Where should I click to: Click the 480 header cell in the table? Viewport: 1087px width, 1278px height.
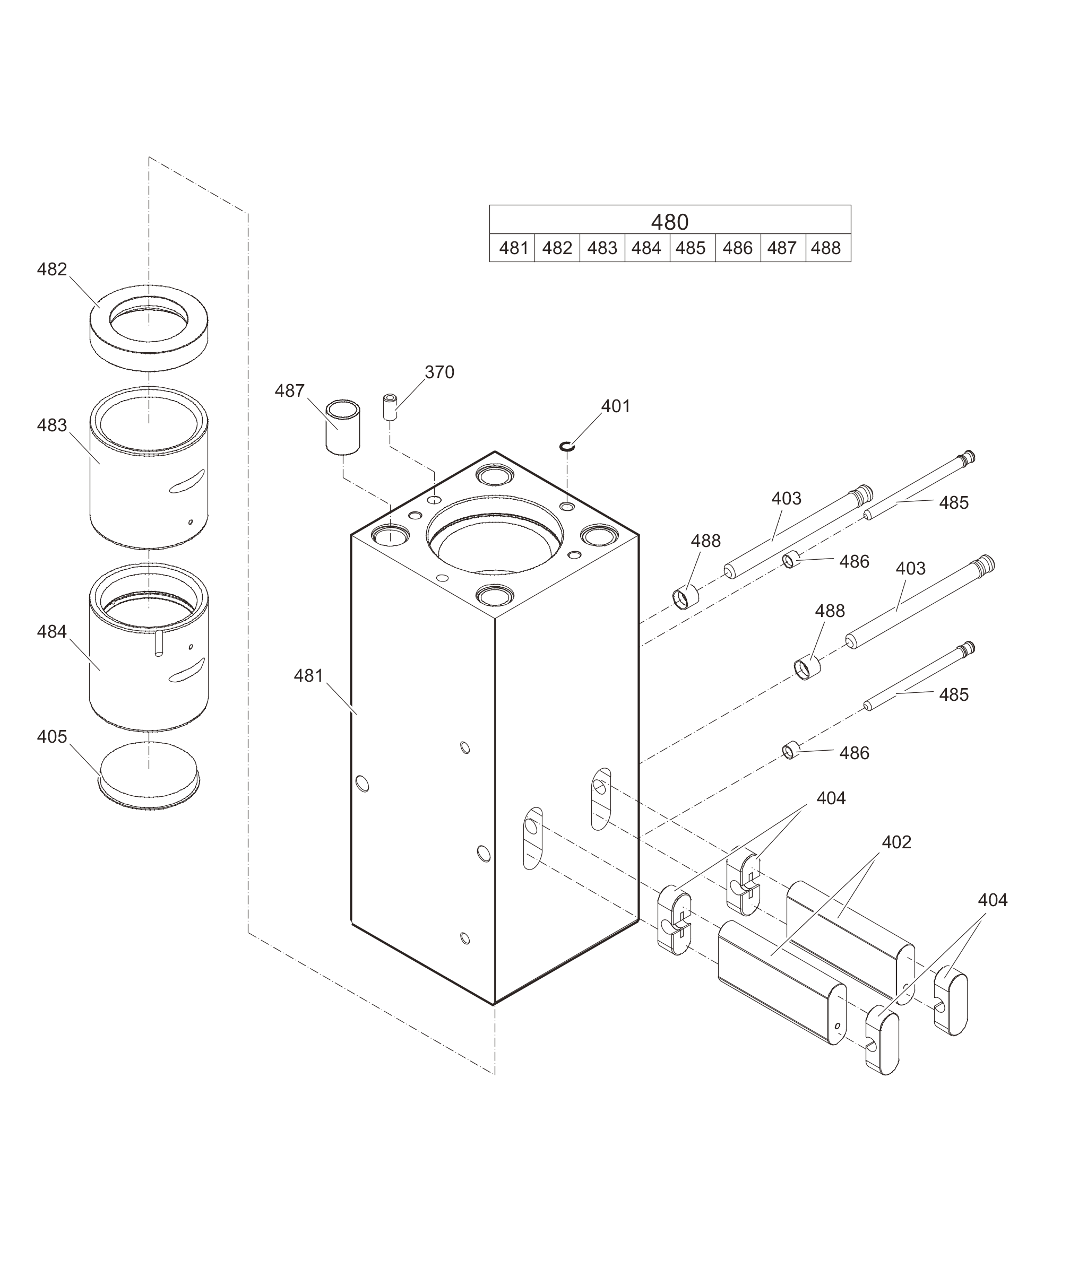pos(670,221)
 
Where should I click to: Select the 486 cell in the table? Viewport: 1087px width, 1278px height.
pos(738,248)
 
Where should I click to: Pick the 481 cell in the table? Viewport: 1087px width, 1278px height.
pos(513,248)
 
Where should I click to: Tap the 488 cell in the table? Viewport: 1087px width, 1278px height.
pos(826,248)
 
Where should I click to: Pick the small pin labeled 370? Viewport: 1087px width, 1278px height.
pos(390,407)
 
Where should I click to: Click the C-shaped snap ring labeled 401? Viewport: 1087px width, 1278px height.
pos(567,446)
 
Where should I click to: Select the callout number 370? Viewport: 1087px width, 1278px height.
pos(439,372)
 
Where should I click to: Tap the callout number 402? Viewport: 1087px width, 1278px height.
pos(896,842)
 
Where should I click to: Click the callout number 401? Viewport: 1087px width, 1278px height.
pos(616,406)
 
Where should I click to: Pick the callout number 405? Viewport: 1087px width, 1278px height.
pos(52,737)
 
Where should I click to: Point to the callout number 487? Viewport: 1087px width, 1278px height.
pos(290,390)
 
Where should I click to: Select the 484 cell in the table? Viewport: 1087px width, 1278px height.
pos(646,248)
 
